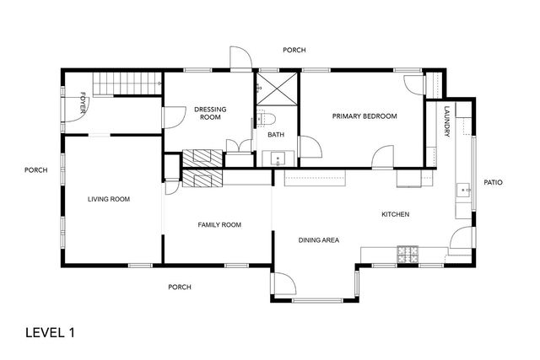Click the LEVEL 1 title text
point(50,332)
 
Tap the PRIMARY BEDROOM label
point(364,116)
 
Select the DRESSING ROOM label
point(208,113)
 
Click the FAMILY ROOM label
point(219,224)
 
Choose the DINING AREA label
point(319,240)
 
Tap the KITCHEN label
point(395,214)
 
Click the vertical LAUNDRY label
point(445,126)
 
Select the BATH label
point(276,135)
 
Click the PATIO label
point(493,182)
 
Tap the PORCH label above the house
point(294,51)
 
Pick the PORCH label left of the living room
point(35,170)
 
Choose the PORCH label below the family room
point(179,287)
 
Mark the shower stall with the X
point(277,88)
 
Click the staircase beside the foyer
point(127,83)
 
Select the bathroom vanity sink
point(277,158)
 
